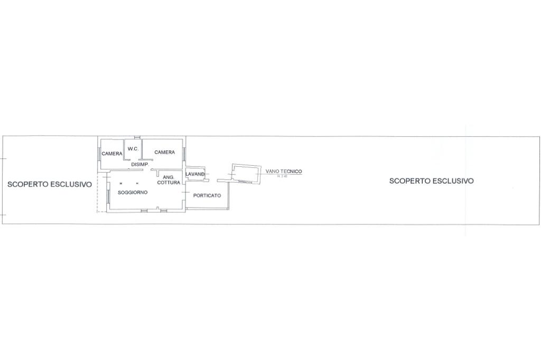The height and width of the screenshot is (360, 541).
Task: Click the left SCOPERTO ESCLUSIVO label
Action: click(49, 185)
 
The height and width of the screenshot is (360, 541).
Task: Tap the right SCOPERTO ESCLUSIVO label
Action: click(431, 181)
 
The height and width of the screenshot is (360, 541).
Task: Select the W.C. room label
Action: click(133, 149)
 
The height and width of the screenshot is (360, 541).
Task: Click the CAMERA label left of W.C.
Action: click(112, 154)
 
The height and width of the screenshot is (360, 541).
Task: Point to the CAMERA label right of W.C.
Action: click(164, 152)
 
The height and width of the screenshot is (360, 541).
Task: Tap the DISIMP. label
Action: click(140, 164)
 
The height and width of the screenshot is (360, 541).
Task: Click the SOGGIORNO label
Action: click(133, 193)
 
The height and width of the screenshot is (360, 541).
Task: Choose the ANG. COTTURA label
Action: click(169, 179)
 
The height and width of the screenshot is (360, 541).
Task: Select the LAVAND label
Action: click(195, 174)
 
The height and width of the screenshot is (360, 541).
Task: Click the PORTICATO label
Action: click(207, 195)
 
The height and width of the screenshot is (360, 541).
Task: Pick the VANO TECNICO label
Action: click(284, 172)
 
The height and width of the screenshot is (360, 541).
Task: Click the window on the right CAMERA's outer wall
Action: click(184, 153)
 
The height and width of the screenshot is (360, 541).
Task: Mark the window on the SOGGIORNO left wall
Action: click(108, 197)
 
